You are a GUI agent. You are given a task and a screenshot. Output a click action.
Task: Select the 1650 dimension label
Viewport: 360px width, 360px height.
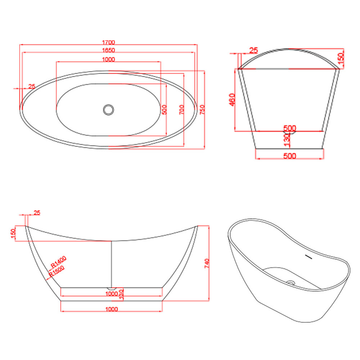pyautogui.click(x=108, y=50)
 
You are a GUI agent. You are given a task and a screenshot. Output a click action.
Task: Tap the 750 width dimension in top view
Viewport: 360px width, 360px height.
pyautogui.click(x=202, y=109)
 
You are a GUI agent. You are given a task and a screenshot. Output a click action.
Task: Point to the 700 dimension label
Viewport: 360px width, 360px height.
pyautogui.click(x=181, y=109)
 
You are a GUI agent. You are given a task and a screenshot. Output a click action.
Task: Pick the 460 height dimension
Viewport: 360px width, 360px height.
pyautogui.click(x=232, y=100)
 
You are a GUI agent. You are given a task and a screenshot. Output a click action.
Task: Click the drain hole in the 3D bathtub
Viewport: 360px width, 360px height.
pyautogui.click(x=291, y=283)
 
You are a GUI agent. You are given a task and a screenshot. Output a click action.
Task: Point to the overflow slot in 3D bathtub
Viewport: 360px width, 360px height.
pyautogui.click(x=308, y=257)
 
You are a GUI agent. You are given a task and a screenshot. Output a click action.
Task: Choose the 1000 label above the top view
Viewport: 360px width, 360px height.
pyautogui.click(x=108, y=59)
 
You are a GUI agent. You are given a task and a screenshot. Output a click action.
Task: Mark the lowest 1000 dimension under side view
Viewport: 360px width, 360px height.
pyautogui.click(x=112, y=309)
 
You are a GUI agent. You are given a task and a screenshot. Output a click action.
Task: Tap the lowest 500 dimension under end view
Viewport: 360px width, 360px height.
pyautogui.click(x=289, y=156)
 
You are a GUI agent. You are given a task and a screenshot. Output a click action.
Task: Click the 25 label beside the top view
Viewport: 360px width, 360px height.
pyautogui.click(x=32, y=86)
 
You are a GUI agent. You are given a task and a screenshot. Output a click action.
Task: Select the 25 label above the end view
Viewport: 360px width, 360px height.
pyautogui.click(x=253, y=50)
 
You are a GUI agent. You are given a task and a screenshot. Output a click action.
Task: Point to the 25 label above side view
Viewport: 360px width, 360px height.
pyautogui.click(x=37, y=213)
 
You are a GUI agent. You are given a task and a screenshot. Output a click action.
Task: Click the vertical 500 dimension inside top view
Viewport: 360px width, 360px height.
pyautogui.click(x=164, y=109)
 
